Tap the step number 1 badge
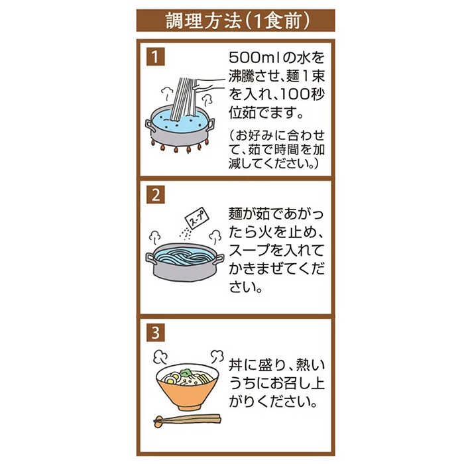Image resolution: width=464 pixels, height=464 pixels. (153, 56)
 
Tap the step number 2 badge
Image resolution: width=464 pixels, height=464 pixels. (153, 196)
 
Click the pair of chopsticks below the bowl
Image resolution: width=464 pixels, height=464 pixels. (187, 419)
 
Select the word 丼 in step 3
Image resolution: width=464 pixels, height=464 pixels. (235, 365)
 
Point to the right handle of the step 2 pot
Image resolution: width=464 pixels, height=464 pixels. (218, 259)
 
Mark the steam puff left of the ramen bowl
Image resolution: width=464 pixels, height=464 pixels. (159, 358)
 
